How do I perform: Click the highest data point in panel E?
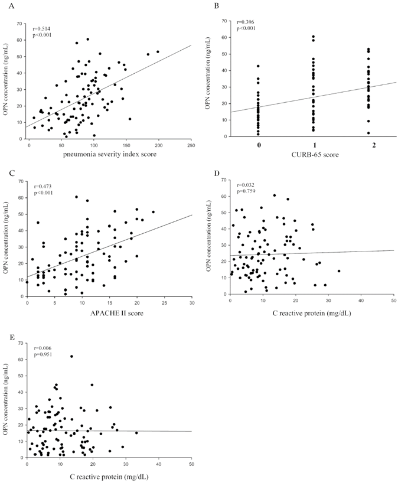coord(71,357)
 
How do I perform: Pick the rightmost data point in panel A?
coord(158,51)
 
